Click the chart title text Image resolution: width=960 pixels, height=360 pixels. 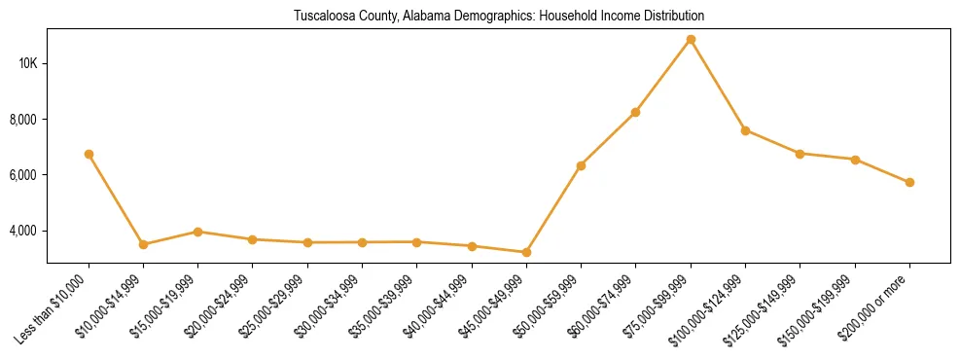pyautogui.click(x=498, y=17)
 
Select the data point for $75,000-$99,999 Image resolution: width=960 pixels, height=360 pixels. pyautogui.click(x=691, y=40)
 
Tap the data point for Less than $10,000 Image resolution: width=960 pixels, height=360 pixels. pyautogui.click(x=89, y=154)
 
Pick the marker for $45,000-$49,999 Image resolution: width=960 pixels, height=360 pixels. pyautogui.click(x=526, y=252)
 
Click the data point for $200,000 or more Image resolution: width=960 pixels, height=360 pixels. pyautogui.click(x=909, y=182)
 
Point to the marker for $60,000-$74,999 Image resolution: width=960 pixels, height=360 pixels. pyautogui.click(x=635, y=112)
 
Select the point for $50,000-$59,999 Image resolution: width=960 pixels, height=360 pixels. pyautogui.click(x=581, y=165)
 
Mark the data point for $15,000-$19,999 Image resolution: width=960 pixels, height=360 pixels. pyautogui.click(x=197, y=232)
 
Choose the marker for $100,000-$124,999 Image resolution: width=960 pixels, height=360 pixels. pyautogui.click(x=745, y=130)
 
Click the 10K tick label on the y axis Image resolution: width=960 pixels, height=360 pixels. pyautogui.click(x=27, y=64)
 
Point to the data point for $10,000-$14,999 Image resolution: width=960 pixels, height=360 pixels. pyautogui.click(x=143, y=244)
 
